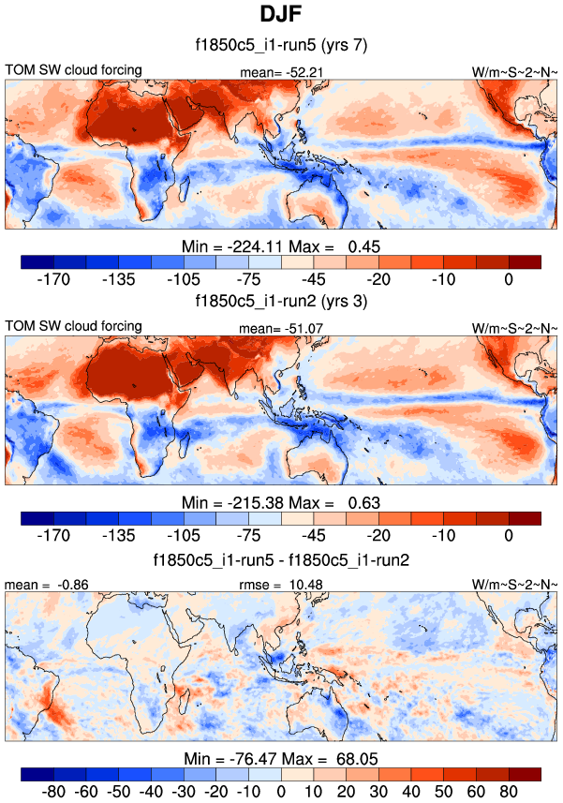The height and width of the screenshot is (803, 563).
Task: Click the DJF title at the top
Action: [x=281, y=16]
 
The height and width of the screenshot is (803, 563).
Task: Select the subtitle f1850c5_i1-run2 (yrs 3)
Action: [x=281, y=302]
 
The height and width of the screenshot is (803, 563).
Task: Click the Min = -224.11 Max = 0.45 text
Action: [x=281, y=245]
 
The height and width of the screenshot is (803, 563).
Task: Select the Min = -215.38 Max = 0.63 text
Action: [x=281, y=502]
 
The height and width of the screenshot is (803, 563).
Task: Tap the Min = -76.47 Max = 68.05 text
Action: [x=281, y=759]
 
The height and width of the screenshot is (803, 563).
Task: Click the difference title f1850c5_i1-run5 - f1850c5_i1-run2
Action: [x=281, y=559]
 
